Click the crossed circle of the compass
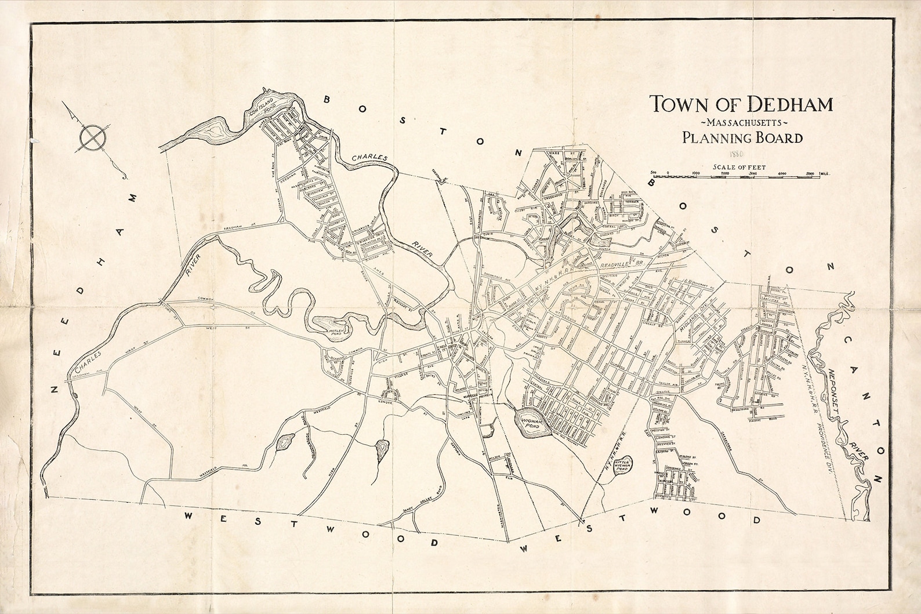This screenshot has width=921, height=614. point(92,138)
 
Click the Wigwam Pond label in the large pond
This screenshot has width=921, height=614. point(531,422)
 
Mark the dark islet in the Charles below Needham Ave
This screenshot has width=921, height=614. point(76,395)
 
